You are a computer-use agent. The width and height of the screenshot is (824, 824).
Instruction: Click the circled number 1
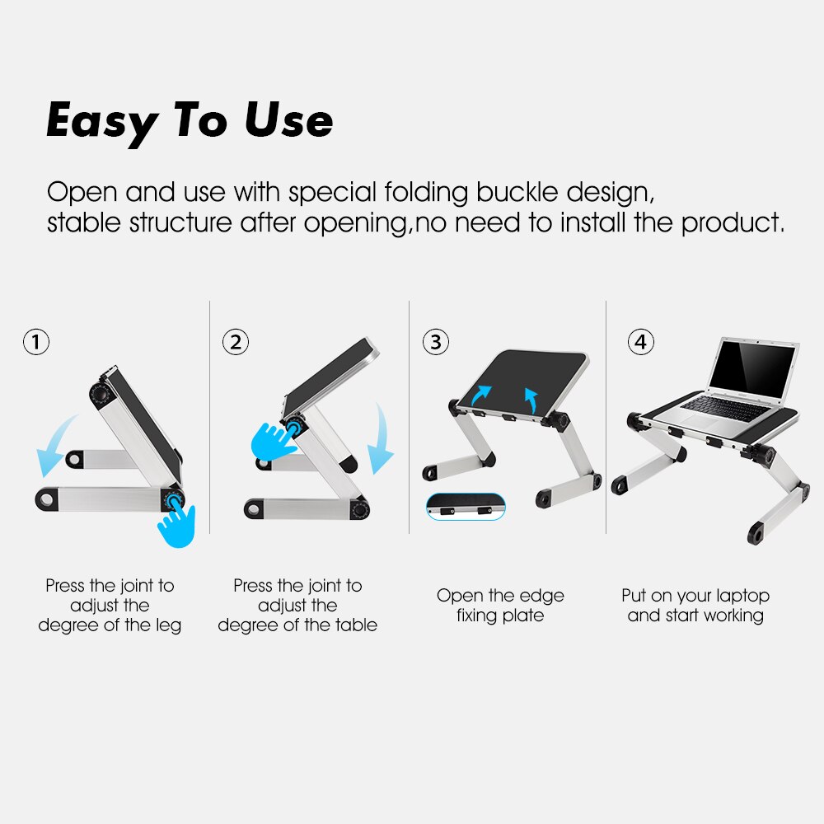tap(36, 342)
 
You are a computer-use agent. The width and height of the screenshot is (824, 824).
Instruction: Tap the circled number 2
tap(236, 342)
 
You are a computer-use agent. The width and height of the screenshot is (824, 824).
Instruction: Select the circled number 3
tap(436, 342)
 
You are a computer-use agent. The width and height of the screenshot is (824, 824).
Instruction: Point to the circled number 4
tap(640, 342)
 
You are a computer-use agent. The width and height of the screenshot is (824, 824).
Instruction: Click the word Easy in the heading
tap(101, 122)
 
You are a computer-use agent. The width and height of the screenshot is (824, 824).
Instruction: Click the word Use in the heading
tap(288, 120)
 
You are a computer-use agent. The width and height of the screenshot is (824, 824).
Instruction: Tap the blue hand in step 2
tap(269, 440)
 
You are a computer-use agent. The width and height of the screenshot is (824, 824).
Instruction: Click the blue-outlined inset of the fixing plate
tap(466, 507)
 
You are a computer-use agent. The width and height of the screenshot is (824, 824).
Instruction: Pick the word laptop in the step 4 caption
tap(742, 596)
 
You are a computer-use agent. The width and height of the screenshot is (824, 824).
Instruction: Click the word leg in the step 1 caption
tap(167, 625)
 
